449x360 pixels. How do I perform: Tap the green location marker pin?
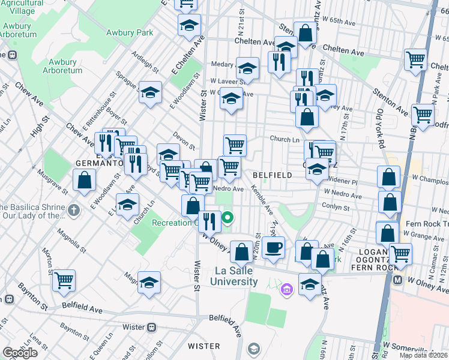click(228, 218)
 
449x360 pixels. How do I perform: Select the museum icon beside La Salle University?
click(287, 291)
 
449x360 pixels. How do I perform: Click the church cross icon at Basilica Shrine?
click(73, 210)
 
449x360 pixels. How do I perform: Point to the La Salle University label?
click(237, 276)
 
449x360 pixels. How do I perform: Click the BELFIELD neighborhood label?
click(272, 175)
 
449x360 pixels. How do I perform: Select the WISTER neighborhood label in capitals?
click(204, 346)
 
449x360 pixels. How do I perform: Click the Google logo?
click(20, 353)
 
